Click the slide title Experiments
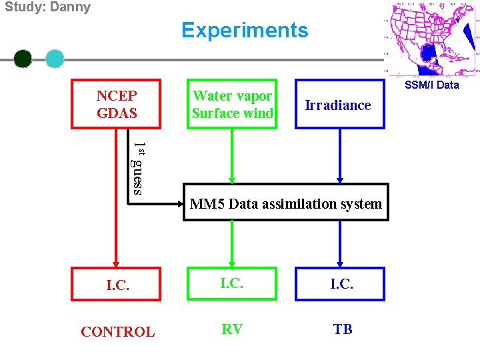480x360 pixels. pyautogui.click(x=245, y=31)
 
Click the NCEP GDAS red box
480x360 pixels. pyautogui.click(x=117, y=104)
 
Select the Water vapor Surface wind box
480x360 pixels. pyautogui.click(x=232, y=104)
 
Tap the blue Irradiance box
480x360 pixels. pyautogui.click(x=340, y=105)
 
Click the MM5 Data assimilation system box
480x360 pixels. pyautogui.click(x=285, y=202)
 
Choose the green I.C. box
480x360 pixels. pyautogui.click(x=231, y=283)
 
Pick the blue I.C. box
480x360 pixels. pyautogui.click(x=341, y=283)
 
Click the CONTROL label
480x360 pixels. pyautogui.click(x=117, y=331)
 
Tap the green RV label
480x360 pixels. pyautogui.click(x=231, y=329)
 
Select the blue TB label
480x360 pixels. pyautogui.click(x=342, y=329)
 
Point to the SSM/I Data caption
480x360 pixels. pyautogui.click(x=431, y=85)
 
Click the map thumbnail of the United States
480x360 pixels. pyautogui.click(x=431, y=39)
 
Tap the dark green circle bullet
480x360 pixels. pyautogui.click(x=23, y=59)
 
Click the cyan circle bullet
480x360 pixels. pyautogui.click(x=55, y=59)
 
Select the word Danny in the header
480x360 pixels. pyautogui.click(x=69, y=7)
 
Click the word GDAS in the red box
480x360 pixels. pyautogui.click(x=117, y=113)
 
